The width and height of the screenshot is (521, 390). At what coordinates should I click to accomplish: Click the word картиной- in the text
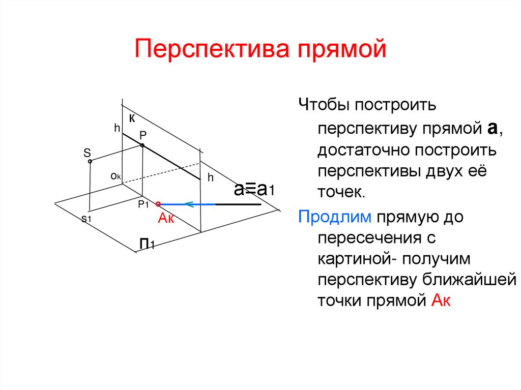[x=356, y=259]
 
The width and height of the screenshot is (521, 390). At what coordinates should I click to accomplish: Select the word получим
[x=438, y=259]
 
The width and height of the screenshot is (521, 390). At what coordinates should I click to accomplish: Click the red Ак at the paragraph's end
[x=442, y=301]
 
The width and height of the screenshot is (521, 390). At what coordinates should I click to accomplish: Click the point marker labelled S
[x=90, y=161]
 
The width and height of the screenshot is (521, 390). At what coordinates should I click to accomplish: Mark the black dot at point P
[x=142, y=145]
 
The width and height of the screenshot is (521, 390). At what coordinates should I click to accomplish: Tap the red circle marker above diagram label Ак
[x=158, y=204]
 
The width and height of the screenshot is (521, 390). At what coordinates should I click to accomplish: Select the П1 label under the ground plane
[x=148, y=245]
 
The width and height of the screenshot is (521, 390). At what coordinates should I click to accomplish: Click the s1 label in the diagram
[x=86, y=218]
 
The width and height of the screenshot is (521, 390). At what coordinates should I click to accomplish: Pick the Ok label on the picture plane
[x=115, y=176]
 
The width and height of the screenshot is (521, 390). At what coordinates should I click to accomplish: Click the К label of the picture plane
[x=132, y=118]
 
